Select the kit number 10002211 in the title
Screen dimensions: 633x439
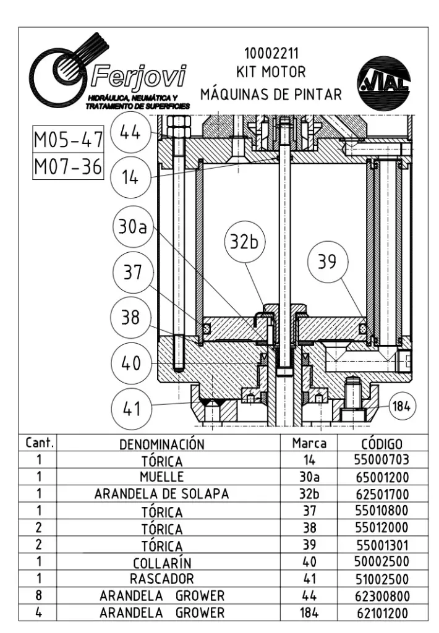tap(271, 53)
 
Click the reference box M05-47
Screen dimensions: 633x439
tap(68, 141)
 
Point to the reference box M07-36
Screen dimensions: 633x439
tap(68, 167)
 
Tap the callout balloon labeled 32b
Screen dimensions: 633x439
tap(244, 242)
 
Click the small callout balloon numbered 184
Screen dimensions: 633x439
tap(402, 406)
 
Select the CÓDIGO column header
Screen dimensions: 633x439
tap(381, 444)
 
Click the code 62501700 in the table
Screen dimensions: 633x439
tap(381, 495)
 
